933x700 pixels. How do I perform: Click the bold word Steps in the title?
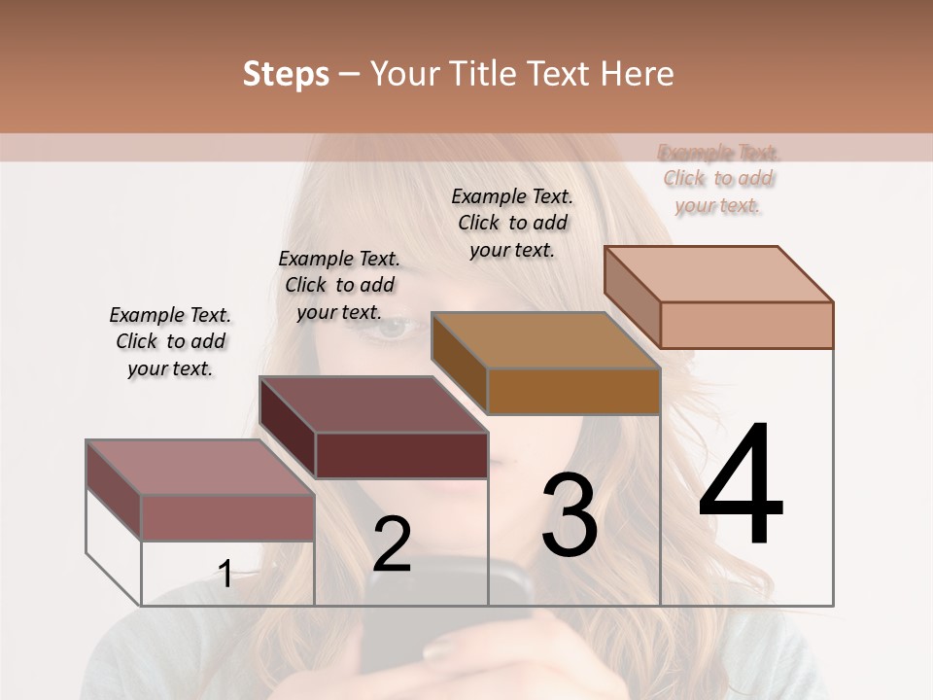point(286,74)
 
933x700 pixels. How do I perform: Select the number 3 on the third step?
point(569,514)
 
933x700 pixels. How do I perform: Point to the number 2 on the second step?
point(392,544)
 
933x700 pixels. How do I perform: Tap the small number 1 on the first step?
point(225,574)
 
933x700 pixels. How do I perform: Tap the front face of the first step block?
point(227,517)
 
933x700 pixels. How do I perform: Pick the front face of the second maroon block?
point(401,455)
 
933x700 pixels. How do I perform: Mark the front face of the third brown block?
point(573,391)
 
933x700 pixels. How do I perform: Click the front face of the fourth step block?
point(746,325)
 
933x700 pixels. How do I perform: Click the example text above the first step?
point(170,341)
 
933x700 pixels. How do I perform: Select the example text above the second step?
point(339,285)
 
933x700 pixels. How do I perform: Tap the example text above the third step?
point(512,223)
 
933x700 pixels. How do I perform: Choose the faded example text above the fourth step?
point(719,179)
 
